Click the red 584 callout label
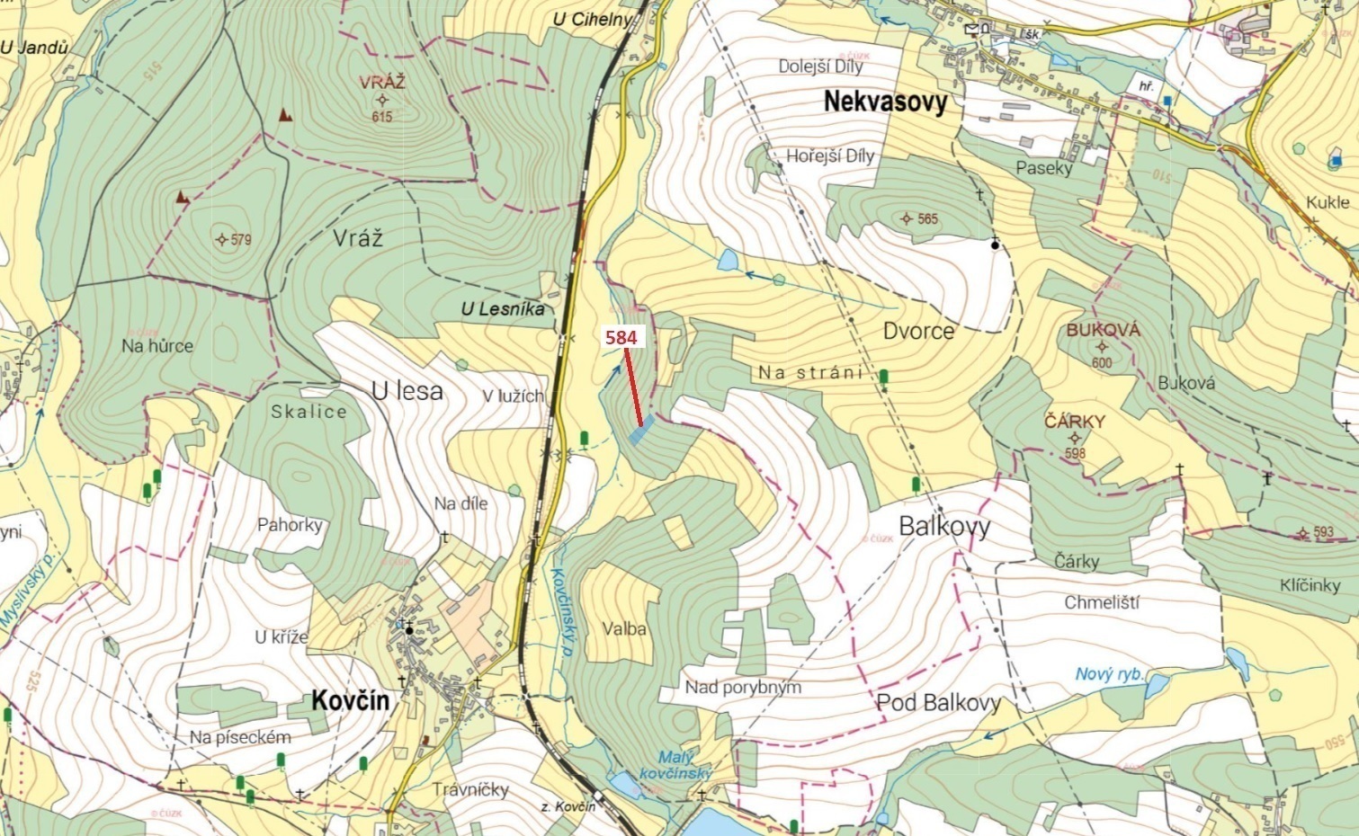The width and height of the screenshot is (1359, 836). [x=621, y=338]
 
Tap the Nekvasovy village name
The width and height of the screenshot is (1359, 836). [x=885, y=102]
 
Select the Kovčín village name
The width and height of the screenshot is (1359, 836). [x=351, y=701]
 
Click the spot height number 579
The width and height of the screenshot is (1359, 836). [x=240, y=240]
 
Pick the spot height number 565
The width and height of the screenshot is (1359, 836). [x=927, y=218]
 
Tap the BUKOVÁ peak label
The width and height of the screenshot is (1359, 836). [x=1103, y=330]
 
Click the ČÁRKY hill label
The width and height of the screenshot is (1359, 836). [x=1075, y=422]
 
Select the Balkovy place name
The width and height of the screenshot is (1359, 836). [x=944, y=526]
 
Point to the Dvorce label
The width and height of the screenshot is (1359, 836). [x=918, y=331]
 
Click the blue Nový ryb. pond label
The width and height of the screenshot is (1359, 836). [x=1109, y=674]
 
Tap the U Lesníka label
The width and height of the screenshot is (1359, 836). [x=503, y=309]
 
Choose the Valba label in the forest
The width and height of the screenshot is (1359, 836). [x=624, y=629]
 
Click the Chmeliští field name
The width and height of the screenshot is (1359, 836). [x=1101, y=602]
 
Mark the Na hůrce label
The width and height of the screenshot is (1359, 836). [x=157, y=345]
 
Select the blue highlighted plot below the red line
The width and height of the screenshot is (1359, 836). [x=639, y=433]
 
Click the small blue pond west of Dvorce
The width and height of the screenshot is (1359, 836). [x=727, y=262]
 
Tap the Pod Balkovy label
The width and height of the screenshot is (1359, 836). [x=938, y=703]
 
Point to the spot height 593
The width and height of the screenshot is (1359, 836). [x=1322, y=532]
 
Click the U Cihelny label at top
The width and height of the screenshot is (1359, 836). [x=595, y=20]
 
